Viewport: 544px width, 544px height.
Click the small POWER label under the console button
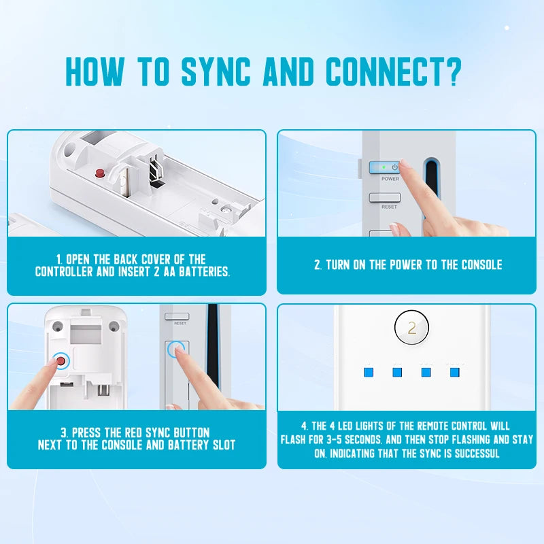390,179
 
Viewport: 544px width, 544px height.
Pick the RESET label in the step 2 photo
389,207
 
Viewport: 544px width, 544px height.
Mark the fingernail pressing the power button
404,165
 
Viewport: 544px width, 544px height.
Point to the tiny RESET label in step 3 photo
180,323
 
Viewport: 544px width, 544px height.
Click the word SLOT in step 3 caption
222,445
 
